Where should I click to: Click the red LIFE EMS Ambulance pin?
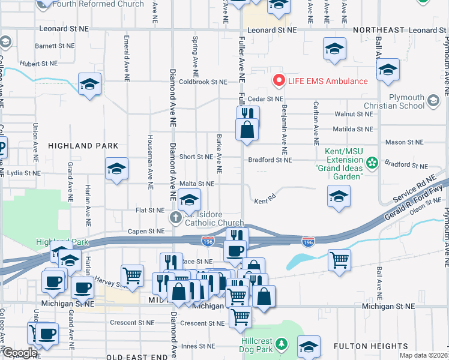[x=279, y=80]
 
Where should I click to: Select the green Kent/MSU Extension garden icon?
[x=372, y=163]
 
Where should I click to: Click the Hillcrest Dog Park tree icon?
[x=286, y=344]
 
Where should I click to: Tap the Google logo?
[x=19, y=353]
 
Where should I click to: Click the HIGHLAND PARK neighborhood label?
[x=79, y=146]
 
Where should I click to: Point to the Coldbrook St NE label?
[x=203, y=82]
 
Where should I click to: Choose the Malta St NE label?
[x=197, y=184]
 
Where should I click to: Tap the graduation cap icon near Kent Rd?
[x=339, y=196]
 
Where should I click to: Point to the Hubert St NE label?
[x=37, y=63]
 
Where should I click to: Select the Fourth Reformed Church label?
[x=98, y=4]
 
